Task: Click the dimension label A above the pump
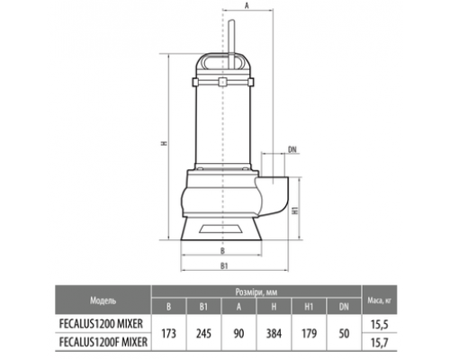point(247,5)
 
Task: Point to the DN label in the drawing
point(292,149)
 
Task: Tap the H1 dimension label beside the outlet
point(295,210)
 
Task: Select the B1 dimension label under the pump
point(224,265)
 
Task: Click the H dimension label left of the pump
point(164,143)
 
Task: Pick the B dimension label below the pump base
point(222,251)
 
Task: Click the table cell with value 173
point(169,333)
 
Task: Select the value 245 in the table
point(203,333)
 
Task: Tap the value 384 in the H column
point(274,333)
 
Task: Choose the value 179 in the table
point(309,333)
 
